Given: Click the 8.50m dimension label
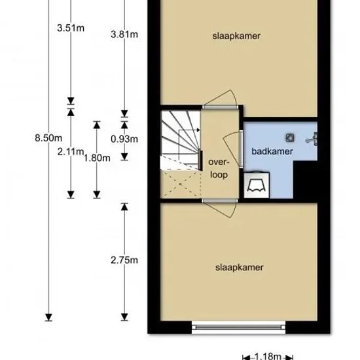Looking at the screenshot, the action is click(x=48, y=138).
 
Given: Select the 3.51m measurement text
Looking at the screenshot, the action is click(x=71, y=28).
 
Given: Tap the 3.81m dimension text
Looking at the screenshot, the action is click(x=124, y=35).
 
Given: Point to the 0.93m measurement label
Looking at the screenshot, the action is click(x=124, y=139).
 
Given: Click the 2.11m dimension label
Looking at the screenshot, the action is click(x=71, y=152).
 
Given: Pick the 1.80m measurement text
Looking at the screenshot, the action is click(x=97, y=158).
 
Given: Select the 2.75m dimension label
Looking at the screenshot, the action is click(x=124, y=261).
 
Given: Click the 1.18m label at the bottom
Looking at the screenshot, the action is click(x=268, y=356).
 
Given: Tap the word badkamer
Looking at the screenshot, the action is click(x=272, y=152).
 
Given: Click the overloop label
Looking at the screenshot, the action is click(x=219, y=168).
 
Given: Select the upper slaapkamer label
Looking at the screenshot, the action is click(x=236, y=36).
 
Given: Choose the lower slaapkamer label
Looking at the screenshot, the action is click(x=239, y=268).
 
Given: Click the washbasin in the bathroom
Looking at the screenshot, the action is click(x=257, y=185).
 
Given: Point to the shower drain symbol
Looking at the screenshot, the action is click(x=290, y=137).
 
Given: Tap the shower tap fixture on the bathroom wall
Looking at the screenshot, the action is click(x=312, y=139).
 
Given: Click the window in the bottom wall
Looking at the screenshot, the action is click(x=238, y=327).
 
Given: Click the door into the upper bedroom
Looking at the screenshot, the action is click(x=220, y=99).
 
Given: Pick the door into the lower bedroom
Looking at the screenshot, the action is click(x=220, y=208).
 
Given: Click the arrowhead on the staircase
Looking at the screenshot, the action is click(x=198, y=130).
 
